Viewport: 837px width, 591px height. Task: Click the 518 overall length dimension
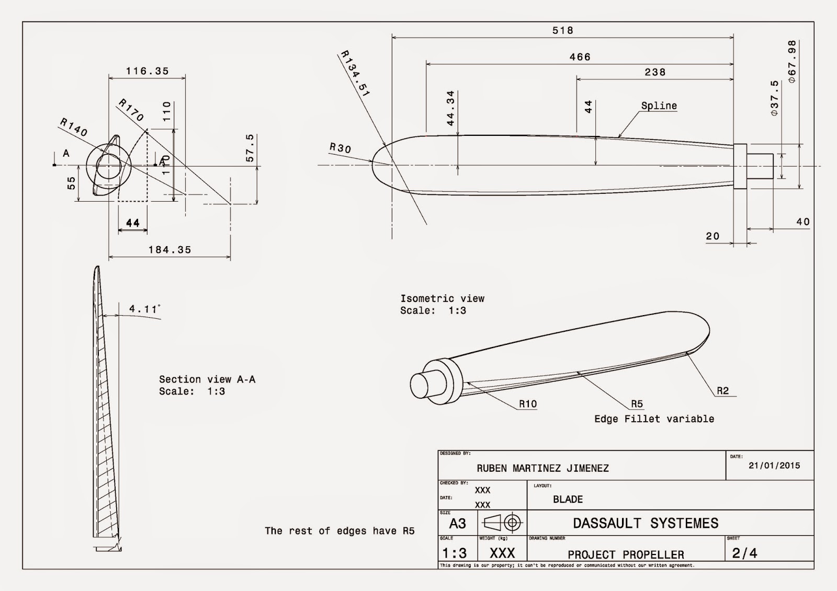coord(563,31)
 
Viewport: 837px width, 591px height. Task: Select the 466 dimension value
coord(580,57)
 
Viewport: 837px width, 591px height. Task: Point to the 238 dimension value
coord(655,73)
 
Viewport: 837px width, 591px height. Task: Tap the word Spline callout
coord(659,106)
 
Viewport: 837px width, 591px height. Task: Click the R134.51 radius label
coord(355,74)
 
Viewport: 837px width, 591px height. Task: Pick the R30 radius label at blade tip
coord(340,148)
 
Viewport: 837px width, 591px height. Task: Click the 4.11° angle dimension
coord(144,309)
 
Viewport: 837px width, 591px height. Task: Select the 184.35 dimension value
coord(170,250)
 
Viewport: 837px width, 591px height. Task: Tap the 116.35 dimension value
coord(148,71)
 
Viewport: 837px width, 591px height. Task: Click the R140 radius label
coord(74,127)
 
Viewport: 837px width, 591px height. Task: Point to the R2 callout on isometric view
coord(722,391)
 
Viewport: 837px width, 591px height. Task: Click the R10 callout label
coord(527,404)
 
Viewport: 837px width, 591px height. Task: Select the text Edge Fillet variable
coord(654,419)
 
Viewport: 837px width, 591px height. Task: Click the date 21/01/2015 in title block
coord(774,466)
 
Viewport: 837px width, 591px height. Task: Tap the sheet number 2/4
coord(744,553)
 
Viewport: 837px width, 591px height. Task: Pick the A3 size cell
coord(457,524)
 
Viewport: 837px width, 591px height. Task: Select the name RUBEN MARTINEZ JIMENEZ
coord(542,469)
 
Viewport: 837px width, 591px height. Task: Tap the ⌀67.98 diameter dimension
coord(792,62)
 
